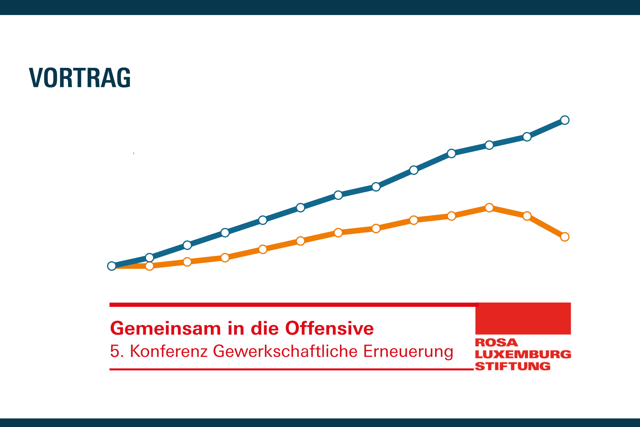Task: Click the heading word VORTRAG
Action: click(x=80, y=78)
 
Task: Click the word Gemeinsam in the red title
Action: click(x=165, y=328)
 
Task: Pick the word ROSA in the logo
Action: click(x=496, y=342)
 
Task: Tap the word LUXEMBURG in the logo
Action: click(x=523, y=354)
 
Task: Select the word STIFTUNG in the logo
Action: click(x=513, y=366)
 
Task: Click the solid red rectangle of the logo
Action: click(x=523, y=318)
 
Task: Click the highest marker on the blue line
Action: click(x=565, y=120)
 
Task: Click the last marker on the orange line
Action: click(x=565, y=237)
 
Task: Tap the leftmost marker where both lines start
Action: click(x=112, y=266)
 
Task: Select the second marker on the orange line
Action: click(x=149, y=266)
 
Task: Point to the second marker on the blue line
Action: click(x=149, y=257)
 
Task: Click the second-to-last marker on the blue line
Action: click(x=527, y=137)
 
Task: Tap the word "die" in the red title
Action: click(x=264, y=328)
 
